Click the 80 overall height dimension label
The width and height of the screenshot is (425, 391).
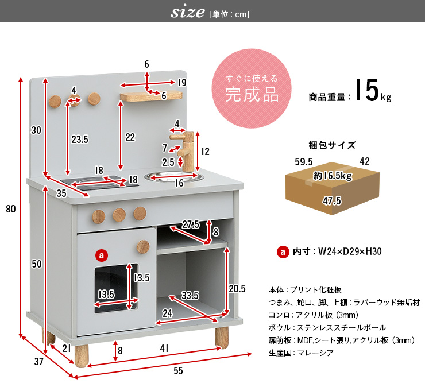click(11, 209)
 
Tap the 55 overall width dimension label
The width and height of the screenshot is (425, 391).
click(178, 371)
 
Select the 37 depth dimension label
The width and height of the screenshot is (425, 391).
click(38, 362)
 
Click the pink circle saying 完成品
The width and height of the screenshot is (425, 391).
click(252, 88)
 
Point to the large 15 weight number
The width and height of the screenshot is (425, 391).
click(367, 90)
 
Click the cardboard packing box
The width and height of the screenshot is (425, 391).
click(333, 188)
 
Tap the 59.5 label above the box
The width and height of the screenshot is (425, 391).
click(304, 162)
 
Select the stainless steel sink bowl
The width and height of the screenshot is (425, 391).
click(174, 177)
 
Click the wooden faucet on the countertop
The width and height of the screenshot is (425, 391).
click(185, 150)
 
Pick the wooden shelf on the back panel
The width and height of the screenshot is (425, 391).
click(151, 96)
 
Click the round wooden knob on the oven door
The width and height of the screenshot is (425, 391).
click(143, 246)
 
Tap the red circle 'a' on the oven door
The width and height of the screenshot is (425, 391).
click(102, 255)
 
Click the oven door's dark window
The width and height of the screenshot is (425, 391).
click(116, 289)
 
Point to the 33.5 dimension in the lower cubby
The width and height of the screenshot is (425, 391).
click(190, 295)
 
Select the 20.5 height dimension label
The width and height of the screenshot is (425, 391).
click(237, 289)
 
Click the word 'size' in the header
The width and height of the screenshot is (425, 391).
click(187, 11)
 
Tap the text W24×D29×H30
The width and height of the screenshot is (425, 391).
click(350, 251)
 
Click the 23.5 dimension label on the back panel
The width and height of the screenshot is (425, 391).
click(80, 140)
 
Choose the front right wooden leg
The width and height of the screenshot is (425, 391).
click(222, 337)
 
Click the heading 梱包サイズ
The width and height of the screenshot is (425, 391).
click(332, 145)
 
